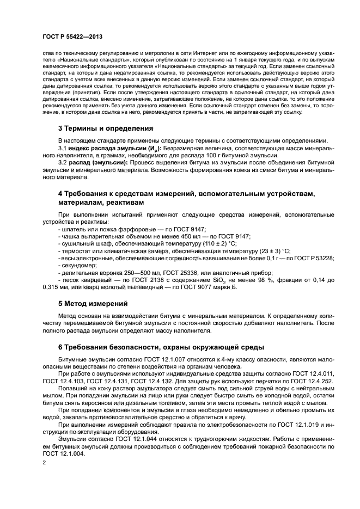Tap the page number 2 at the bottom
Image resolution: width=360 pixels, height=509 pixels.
pos(45,463)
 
